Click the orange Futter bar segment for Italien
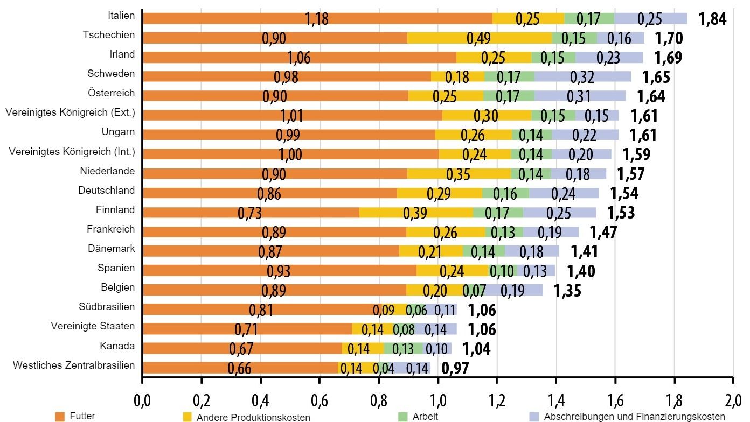click(318, 19)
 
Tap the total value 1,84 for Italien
click(712, 19)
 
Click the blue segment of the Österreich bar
click(580, 96)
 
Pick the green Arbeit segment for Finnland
click(498, 212)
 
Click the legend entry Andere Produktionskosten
click(253, 417)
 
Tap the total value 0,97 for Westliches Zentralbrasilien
click(455, 368)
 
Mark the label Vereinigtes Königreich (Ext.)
click(70, 112)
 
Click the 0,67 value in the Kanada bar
click(241, 349)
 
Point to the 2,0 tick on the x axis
click(733, 402)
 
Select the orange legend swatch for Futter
click(60, 417)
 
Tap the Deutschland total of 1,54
click(624, 193)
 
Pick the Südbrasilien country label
click(107, 307)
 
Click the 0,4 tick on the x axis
click(260, 402)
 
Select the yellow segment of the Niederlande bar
click(459, 173)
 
